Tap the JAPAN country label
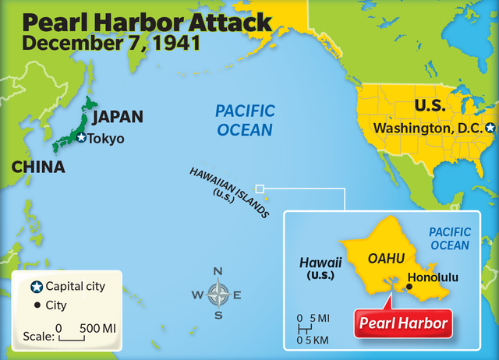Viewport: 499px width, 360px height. (118, 117)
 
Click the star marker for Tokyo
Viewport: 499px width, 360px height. (82, 138)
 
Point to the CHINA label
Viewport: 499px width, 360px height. (37, 168)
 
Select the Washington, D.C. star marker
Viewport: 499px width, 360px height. (490, 127)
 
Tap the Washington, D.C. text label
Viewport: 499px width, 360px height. (428, 127)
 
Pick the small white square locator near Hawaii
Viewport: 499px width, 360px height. (260, 188)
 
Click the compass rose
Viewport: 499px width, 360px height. (218, 295)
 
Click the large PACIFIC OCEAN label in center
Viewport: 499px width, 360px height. (244, 121)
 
